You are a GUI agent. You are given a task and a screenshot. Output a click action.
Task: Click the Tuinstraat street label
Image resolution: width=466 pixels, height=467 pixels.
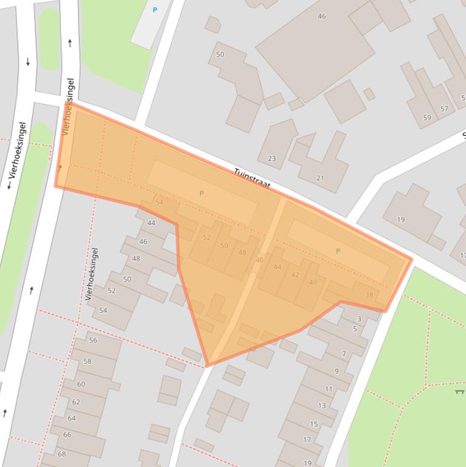point(251,179)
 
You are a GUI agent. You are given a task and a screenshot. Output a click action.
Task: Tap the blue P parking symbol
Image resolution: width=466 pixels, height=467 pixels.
point(155,10)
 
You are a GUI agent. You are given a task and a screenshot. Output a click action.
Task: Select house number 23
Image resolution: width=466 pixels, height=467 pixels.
point(271,159)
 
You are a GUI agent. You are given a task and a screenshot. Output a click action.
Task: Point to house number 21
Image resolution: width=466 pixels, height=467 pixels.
point(320,178)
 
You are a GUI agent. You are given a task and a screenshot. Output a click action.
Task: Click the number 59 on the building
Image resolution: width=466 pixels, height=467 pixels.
point(427,118)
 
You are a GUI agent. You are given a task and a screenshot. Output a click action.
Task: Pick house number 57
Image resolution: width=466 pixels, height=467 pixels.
point(444,109)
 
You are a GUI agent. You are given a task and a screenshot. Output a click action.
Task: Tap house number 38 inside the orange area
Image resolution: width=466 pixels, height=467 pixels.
point(370,295)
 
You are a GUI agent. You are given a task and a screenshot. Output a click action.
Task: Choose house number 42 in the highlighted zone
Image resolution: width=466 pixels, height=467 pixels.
point(295,275)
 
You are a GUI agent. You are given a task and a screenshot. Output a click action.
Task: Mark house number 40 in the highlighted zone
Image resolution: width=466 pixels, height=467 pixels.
point(313,283)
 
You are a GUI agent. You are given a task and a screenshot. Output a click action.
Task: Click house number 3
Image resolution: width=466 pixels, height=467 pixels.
point(359,319)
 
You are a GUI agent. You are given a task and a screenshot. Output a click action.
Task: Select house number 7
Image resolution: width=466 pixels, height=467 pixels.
point(344,354)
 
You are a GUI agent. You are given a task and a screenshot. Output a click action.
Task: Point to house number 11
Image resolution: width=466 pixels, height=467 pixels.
point(328,389)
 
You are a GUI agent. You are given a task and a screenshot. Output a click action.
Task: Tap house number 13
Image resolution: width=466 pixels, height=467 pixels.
point(322,406)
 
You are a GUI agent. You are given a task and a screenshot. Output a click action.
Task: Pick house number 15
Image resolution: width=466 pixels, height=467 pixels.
point(314,425)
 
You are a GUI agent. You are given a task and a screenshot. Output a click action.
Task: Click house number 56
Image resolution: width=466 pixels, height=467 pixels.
point(93,341)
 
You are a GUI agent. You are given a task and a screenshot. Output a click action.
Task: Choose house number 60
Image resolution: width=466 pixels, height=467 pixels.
point(81,385)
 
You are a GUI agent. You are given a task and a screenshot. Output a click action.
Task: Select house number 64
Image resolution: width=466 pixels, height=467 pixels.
point(72,418)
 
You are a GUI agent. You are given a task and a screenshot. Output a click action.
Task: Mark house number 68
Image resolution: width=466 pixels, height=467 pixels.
point(62,454)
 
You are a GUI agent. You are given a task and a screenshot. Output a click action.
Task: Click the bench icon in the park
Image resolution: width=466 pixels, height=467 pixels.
point(460,392)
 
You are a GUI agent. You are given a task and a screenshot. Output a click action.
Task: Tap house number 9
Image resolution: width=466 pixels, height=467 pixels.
point(336,372)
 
